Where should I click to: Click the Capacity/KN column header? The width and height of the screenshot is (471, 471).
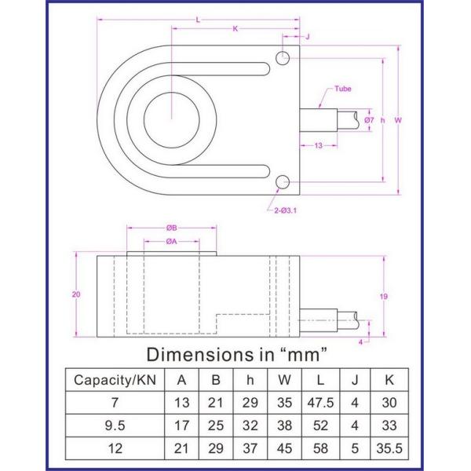(114, 380)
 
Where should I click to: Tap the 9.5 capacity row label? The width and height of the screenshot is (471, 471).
(114, 428)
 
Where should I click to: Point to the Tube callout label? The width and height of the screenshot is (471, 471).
(343, 89)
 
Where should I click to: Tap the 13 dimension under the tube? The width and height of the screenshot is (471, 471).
(319, 145)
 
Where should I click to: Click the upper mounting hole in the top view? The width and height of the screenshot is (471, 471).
(283, 57)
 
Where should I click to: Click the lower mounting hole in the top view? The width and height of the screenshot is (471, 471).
(283, 183)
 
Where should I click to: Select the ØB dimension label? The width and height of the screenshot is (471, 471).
(171, 228)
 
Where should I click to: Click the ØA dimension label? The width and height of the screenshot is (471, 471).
(171, 241)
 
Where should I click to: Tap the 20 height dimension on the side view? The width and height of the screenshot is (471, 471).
(75, 294)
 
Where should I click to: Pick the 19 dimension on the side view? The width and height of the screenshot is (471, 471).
(384, 296)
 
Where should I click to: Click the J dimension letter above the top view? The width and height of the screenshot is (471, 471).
(307, 36)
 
